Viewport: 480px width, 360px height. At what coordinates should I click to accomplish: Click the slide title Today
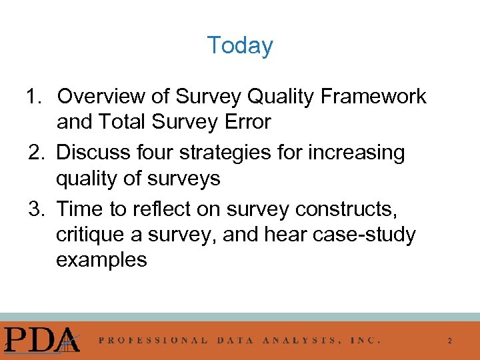[x=239, y=45]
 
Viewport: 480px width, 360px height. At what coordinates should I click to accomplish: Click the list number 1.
[x=33, y=97]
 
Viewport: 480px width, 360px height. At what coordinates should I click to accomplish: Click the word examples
[x=101, y=260]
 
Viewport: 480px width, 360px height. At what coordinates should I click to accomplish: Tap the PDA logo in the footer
[x=41, y=339]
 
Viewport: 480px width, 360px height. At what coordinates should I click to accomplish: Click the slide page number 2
[x=449, y=341]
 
